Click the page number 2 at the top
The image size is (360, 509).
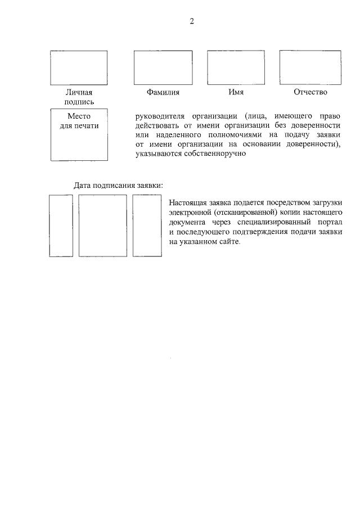[x=191, y=22]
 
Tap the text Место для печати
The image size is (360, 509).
[x=79, y=121]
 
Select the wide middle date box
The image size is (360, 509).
[x=102, y=225]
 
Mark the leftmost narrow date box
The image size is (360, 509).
[x=61, y=225]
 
